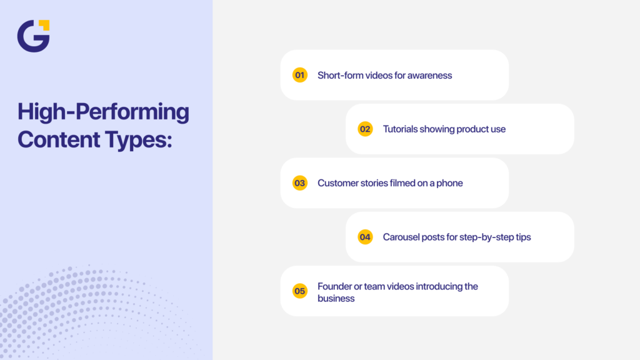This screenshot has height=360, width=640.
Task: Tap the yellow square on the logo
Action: (x=44, y=25)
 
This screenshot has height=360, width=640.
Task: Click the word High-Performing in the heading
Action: (x=103, y=112)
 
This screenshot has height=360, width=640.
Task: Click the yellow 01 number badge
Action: (x=300, y=75)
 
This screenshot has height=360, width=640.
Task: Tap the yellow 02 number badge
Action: (x=365, y=129)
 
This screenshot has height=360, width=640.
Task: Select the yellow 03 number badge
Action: (x=300, y=183)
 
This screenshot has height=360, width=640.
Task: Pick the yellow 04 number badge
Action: (x=365, y=237)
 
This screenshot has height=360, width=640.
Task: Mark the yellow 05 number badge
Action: (x=300, y=291)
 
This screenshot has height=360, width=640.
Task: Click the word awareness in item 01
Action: (x=430, y=75)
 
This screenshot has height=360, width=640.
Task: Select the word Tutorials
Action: (x=401, y=129)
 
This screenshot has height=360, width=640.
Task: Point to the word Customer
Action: (x=338, y=183)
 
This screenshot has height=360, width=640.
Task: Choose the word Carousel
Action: (x=402, y=237)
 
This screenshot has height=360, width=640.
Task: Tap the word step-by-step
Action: (x=488, y=237)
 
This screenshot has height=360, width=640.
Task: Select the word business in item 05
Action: (x=336, y=298)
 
